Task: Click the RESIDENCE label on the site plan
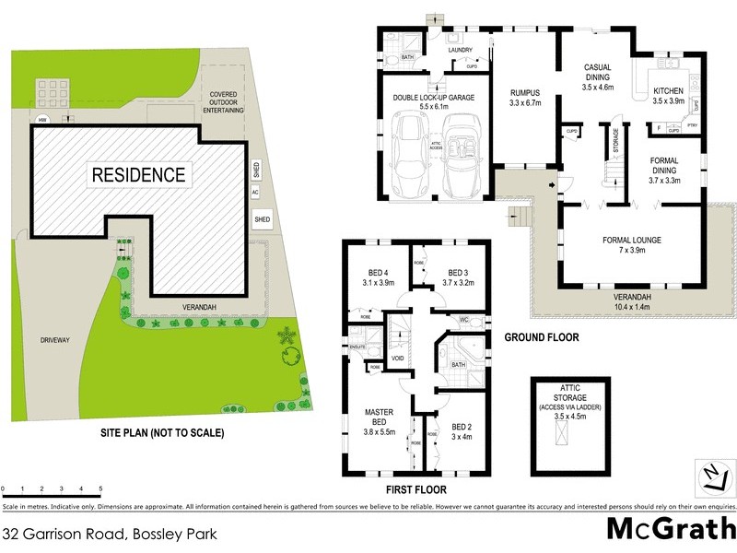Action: click(x=137, y=173)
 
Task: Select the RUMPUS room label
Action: click(x=524, y=92)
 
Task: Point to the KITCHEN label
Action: click(x=668, y=90)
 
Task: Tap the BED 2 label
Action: click(x=462, y=426)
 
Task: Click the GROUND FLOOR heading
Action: click(x=542, y=337)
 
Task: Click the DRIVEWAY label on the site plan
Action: click(x=55, y=340)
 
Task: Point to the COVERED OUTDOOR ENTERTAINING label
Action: click(x=226, y=101)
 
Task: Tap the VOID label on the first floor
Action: click(x=398, y=359)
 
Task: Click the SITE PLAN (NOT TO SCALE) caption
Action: click(x=162, y=431)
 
